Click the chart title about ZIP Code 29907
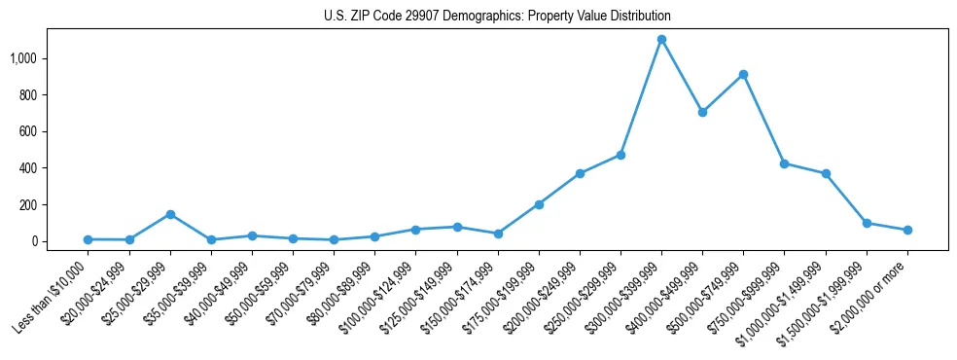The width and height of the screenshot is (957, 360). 497,17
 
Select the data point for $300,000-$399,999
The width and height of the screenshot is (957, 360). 661,40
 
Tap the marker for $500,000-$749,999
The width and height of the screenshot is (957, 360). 743,74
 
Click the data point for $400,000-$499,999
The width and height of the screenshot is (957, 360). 702,112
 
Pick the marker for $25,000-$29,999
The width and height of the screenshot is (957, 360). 170,214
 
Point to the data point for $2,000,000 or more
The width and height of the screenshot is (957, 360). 907,230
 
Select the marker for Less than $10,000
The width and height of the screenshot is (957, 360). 88,239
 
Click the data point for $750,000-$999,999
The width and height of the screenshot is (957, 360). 784,163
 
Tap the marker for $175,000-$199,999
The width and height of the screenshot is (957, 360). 539,204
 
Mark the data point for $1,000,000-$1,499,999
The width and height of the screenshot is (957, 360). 826,173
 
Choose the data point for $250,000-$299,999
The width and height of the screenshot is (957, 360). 620,155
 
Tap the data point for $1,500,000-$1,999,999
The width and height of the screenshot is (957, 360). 867,223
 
